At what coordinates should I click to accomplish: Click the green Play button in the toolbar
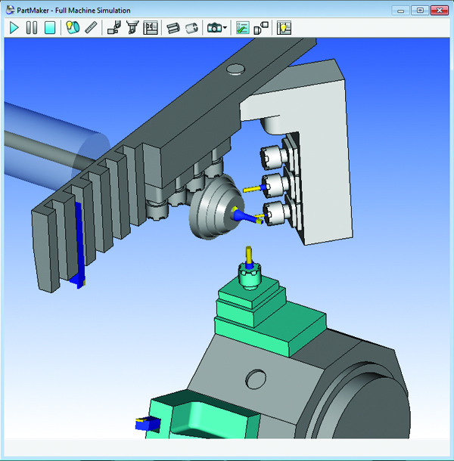tap(14, 28)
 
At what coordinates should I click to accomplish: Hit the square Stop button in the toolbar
tap(50, 28)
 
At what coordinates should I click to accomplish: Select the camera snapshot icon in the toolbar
tap(214, 28)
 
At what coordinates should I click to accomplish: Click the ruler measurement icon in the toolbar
tap(91, 28)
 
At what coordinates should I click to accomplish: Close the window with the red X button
tap(438, 10)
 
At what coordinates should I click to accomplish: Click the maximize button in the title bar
tap(420, 10)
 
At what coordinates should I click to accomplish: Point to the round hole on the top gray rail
tap(235, 69)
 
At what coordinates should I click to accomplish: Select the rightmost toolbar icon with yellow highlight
tap(285, 28)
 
